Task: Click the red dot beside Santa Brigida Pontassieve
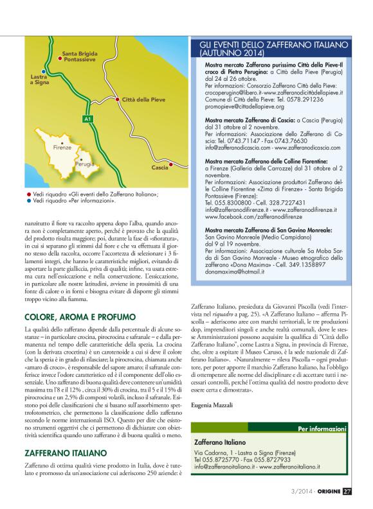(59, 58)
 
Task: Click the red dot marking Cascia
(170, 167)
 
